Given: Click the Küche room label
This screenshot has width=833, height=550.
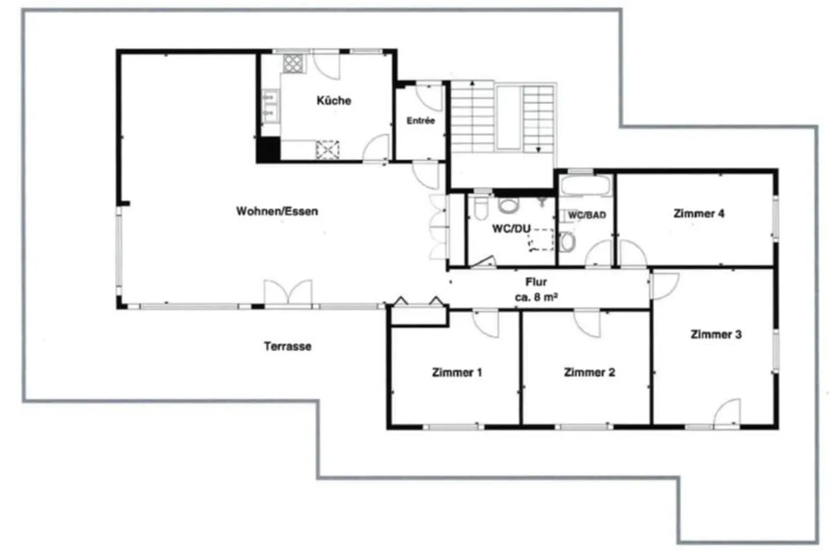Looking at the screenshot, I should (334, 101).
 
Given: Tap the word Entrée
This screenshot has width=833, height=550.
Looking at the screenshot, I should (421, 121).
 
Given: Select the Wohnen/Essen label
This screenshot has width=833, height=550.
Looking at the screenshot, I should (277, 211).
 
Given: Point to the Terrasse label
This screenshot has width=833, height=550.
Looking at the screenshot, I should (288, 347).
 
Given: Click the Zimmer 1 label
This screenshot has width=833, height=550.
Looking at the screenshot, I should (456, 373).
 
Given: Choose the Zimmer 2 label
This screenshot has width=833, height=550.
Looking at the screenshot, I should (589, 373).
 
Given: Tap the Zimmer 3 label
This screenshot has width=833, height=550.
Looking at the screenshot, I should (716, 335).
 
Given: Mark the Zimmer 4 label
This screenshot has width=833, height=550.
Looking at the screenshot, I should (698, 214).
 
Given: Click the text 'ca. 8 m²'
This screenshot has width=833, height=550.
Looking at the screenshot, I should (536, 298).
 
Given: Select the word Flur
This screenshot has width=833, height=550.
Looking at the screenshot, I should (536, 282).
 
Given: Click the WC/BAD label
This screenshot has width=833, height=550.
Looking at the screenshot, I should (587, 215).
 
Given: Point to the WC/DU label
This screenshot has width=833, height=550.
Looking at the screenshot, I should (511, 229).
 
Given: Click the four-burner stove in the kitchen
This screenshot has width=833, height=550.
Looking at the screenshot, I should (293, 63).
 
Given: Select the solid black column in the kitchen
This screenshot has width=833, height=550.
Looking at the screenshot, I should (268, 150).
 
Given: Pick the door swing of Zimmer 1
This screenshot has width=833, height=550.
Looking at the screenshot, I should (486, 324).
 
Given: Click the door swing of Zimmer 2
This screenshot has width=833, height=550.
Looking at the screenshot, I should (587, 324).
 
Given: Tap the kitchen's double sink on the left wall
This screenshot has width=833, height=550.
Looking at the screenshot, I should (268, 105).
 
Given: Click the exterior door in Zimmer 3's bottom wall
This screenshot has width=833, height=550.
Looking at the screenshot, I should (727, 414).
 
